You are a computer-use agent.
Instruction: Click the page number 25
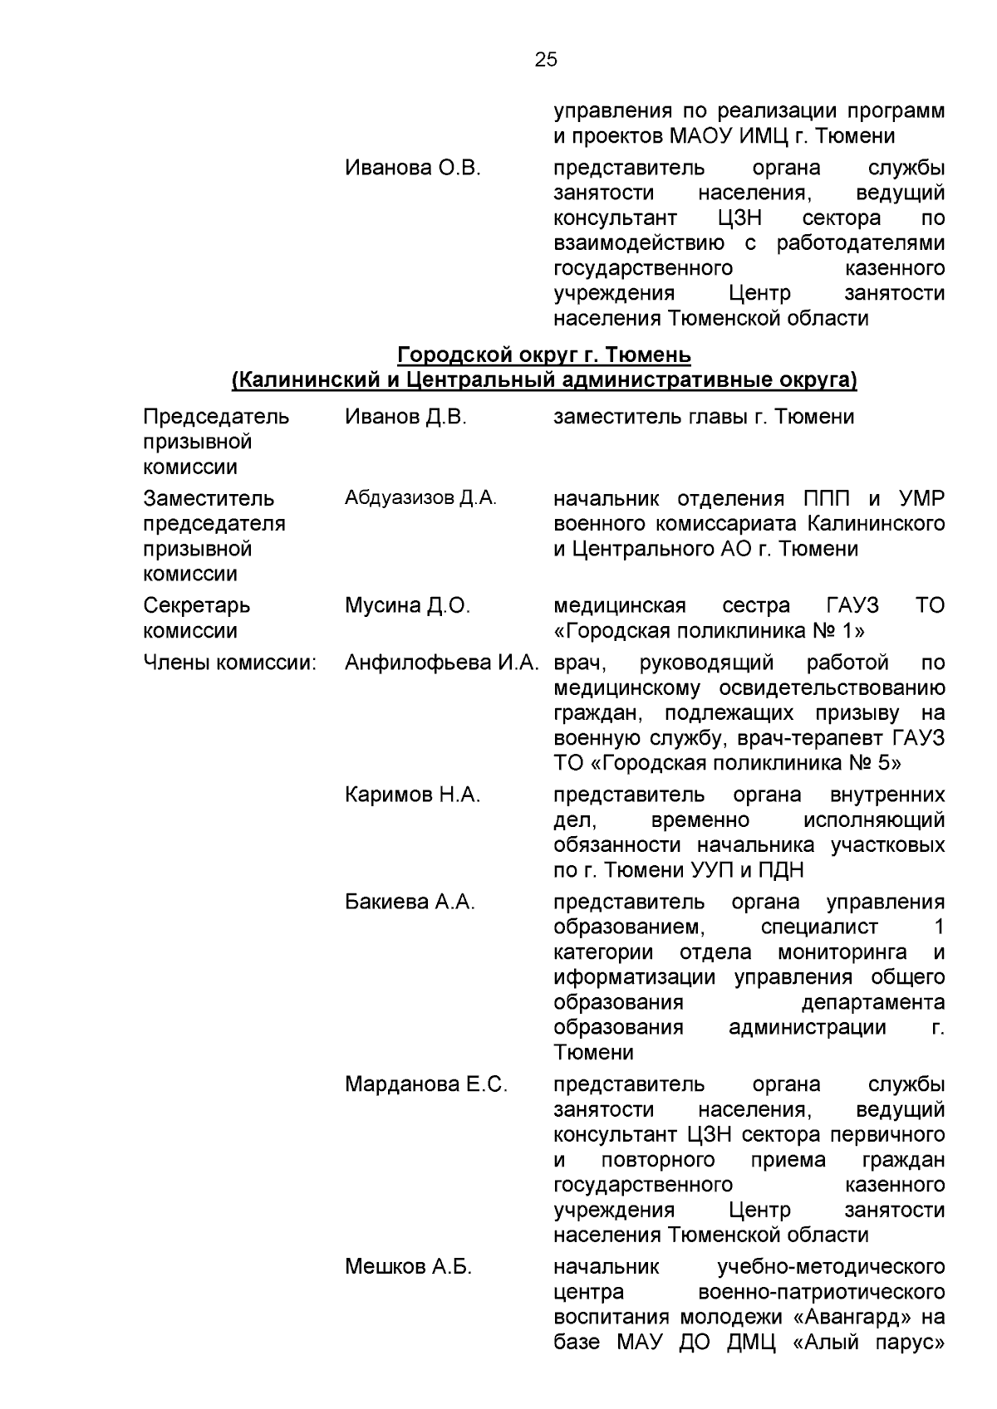click(546, 60)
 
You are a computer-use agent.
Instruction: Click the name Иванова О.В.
click(413, 169)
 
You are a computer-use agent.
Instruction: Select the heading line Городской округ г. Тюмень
click(544, 355)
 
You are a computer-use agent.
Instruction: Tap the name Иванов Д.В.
click(405, 417)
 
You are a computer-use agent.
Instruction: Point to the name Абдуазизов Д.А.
click(420, 498)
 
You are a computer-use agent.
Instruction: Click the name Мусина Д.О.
click(407, 606)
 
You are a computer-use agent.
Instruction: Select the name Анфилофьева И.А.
click(443, 663)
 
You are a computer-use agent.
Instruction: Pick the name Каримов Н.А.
click(412, 795)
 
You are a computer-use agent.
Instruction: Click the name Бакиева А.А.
click(410, 903)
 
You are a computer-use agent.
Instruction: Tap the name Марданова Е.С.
click(425, 1085)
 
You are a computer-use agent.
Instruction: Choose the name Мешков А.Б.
click(408, 1267)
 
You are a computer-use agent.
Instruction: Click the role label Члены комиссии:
click(230, 663)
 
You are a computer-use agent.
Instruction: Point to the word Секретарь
click(196, 606)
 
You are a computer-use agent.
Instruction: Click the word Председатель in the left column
click(216, 417)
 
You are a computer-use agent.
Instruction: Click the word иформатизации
click(634, 977)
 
